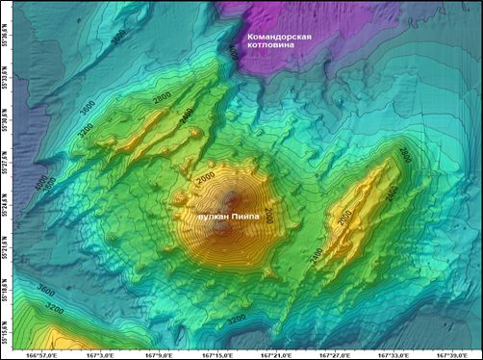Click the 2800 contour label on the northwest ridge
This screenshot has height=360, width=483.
point(161,98)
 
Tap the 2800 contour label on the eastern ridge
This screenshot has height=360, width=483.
point(404,155)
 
